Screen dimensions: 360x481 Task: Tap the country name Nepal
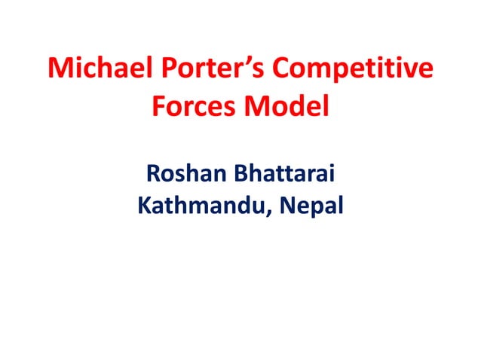tap(314, 205)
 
